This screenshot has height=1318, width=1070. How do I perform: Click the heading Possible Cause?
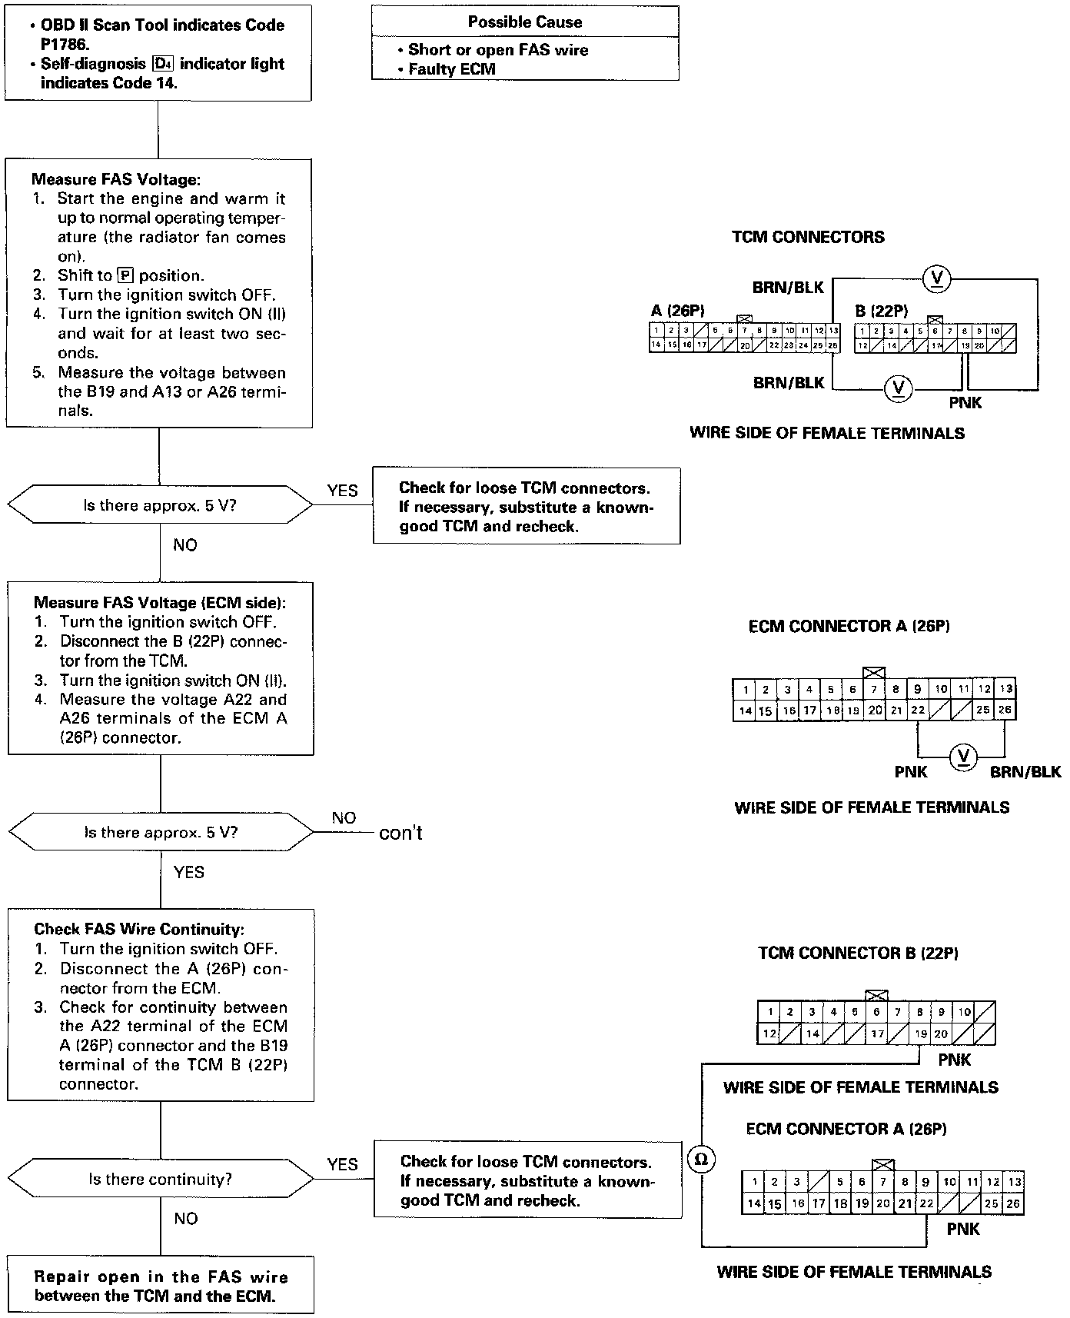tap(525, 22)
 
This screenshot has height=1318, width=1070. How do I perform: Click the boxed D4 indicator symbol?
tap(161, 64)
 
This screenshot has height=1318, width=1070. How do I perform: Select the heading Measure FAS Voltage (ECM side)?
tap(160, 603)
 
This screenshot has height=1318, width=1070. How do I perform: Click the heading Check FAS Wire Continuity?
tap(139, 930)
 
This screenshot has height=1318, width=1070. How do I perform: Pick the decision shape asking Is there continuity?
tap(160, 1179)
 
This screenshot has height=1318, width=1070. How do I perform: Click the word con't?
tap(400, 834)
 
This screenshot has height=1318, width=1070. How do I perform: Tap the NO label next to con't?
tap(344, 818)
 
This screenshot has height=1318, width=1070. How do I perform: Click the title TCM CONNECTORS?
tap(808, 238)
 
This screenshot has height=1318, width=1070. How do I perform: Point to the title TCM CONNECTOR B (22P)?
tap(858, 954)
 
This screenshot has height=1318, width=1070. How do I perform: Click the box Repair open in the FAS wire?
tap(161, 1286)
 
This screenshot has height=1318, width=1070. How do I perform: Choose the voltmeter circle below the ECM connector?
tap(962, 757)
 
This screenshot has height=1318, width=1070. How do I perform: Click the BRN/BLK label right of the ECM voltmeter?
tap(1025, 772)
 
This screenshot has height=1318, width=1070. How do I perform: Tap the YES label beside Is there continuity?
tap(342, 1164)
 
